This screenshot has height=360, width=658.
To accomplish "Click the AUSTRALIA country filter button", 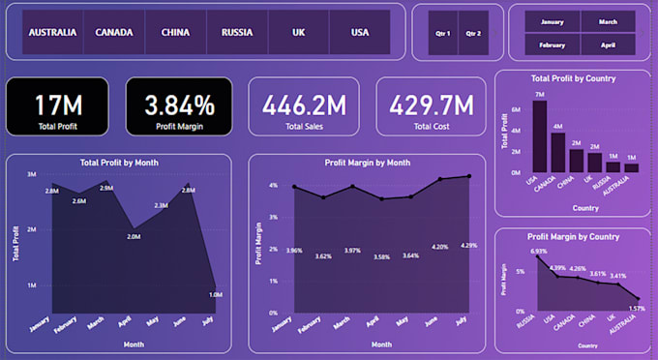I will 52,32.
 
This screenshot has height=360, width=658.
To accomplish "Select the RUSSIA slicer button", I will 237,32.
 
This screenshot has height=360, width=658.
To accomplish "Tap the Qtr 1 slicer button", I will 443,32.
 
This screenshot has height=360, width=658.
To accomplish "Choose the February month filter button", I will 552,45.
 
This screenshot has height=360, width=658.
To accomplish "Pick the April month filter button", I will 608,45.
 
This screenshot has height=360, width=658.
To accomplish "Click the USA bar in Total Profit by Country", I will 539,135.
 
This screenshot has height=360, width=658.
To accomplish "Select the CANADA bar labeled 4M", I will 557,151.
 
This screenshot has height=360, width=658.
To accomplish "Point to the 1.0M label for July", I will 215,294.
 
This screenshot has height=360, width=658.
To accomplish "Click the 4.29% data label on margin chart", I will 468,245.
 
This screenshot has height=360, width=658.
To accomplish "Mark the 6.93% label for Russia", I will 538,252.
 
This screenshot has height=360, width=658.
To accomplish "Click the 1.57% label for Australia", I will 635,308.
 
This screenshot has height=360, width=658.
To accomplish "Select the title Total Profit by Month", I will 120,163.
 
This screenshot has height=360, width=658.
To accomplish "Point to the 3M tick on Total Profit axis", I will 31,174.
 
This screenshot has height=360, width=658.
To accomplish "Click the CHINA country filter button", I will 175,32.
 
